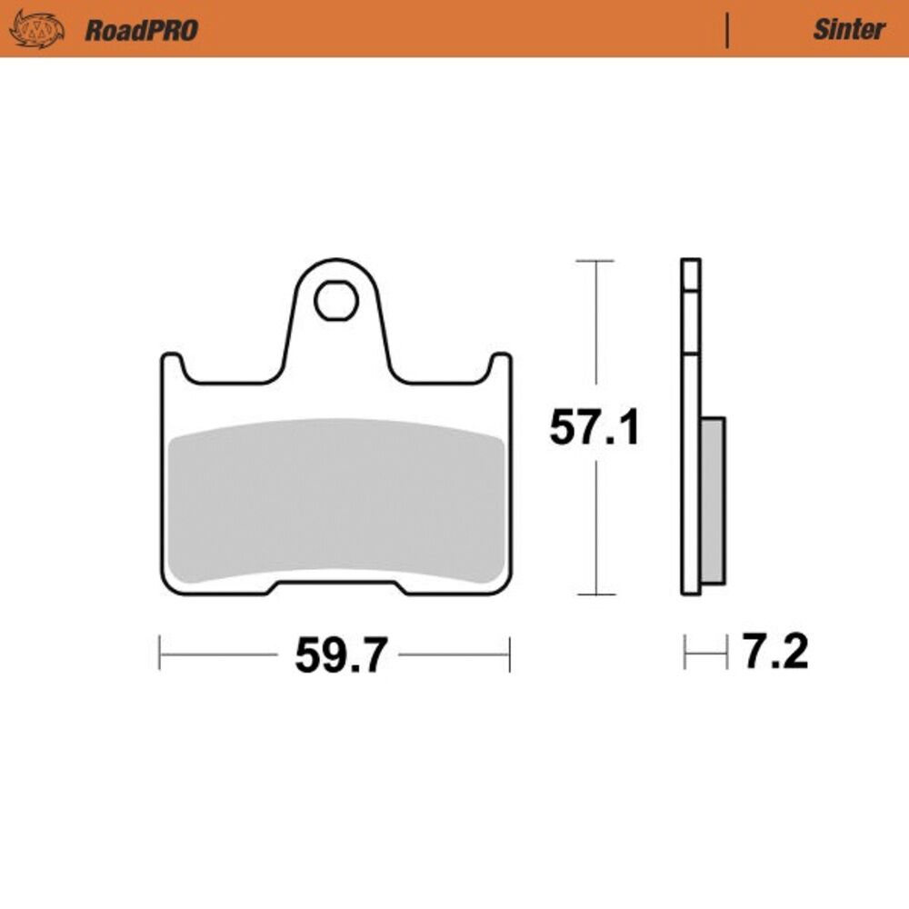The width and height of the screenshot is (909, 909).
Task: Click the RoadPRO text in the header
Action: pyautogui.click(x=142, y=30)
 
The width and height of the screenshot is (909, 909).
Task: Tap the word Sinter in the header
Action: pyautogui.click(x=849, y=30)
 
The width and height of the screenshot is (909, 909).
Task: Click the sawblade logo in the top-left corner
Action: pyautogui.click(x=37, y=30)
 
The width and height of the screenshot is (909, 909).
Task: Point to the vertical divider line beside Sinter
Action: pyautogui.click(x=727, y=30)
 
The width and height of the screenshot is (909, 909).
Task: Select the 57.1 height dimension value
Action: pyautogui.click(x=594, y=427)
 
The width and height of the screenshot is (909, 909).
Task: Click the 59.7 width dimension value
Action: pyautogui.click(x=340, y=655)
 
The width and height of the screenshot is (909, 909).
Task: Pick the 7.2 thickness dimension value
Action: pyautogui.click(x=775, y=652)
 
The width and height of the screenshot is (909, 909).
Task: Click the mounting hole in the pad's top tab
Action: pyautogui.click(x=336, y=300)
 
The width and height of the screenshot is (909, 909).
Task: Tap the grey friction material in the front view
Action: pyautogui.click(x=336, y=500)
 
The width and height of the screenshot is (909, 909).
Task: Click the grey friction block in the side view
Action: pyautogui.click(x=713, y=500)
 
